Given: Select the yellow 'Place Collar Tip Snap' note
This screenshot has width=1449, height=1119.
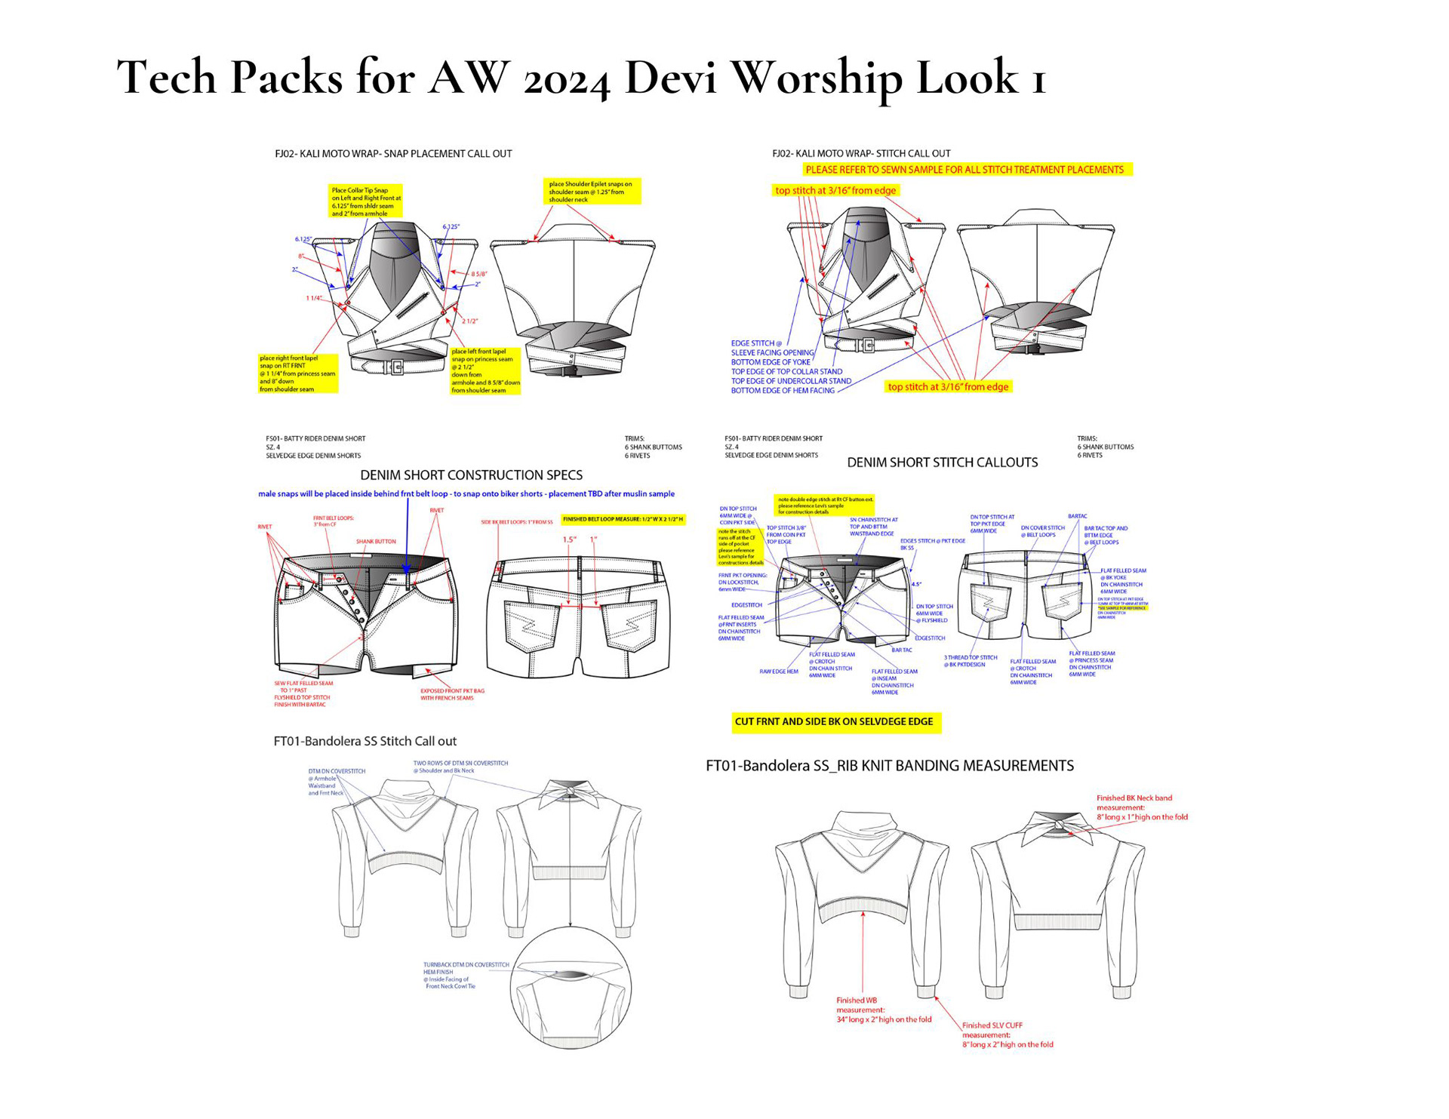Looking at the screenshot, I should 366,201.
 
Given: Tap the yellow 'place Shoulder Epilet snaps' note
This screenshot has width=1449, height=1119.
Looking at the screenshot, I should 592,192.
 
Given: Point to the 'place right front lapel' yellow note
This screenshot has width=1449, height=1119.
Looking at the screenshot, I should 297,374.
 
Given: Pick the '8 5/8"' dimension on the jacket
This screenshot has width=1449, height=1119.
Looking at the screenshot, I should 479,274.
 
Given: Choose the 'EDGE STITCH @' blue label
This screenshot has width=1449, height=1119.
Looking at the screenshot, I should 756,343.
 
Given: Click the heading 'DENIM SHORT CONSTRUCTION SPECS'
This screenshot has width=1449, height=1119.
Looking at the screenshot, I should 471,475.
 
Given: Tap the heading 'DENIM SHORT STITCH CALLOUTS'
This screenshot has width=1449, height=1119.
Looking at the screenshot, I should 942,463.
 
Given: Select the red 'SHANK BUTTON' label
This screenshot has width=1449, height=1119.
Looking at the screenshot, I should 376,542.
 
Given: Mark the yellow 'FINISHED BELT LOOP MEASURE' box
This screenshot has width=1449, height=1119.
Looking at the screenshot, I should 623,519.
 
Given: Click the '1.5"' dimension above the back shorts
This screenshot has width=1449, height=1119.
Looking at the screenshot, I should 569,540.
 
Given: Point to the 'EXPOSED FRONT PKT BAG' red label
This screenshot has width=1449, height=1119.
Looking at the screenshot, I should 452,694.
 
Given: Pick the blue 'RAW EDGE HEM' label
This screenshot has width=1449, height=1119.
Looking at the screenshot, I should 778,671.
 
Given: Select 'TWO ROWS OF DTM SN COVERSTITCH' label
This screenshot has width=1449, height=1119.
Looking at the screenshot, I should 460,767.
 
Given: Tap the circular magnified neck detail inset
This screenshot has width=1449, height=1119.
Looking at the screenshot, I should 571,988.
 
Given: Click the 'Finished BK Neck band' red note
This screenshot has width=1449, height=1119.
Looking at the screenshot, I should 1141,807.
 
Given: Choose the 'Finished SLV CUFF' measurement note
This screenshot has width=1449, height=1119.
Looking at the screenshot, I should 1007,1034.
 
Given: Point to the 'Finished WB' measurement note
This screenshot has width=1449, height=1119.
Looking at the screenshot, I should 883,1010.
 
